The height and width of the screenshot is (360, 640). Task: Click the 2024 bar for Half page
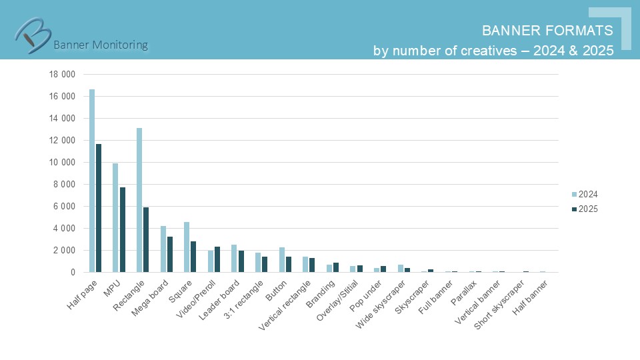point(92,181)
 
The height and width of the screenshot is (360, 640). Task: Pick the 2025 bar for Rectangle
point(146,240)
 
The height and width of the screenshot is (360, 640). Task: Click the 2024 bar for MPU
point(115,217)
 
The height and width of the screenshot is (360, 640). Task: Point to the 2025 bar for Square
point(193,257)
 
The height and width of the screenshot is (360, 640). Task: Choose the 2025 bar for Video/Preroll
point(217,259)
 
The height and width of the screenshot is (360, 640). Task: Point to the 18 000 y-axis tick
point(62,74)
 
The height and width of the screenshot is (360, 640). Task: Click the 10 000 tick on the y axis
point(62,162)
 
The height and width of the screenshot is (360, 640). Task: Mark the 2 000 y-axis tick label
point(64,250)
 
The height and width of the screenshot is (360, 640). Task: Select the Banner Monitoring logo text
point(100,45)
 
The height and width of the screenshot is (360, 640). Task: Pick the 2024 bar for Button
point(282,260)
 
